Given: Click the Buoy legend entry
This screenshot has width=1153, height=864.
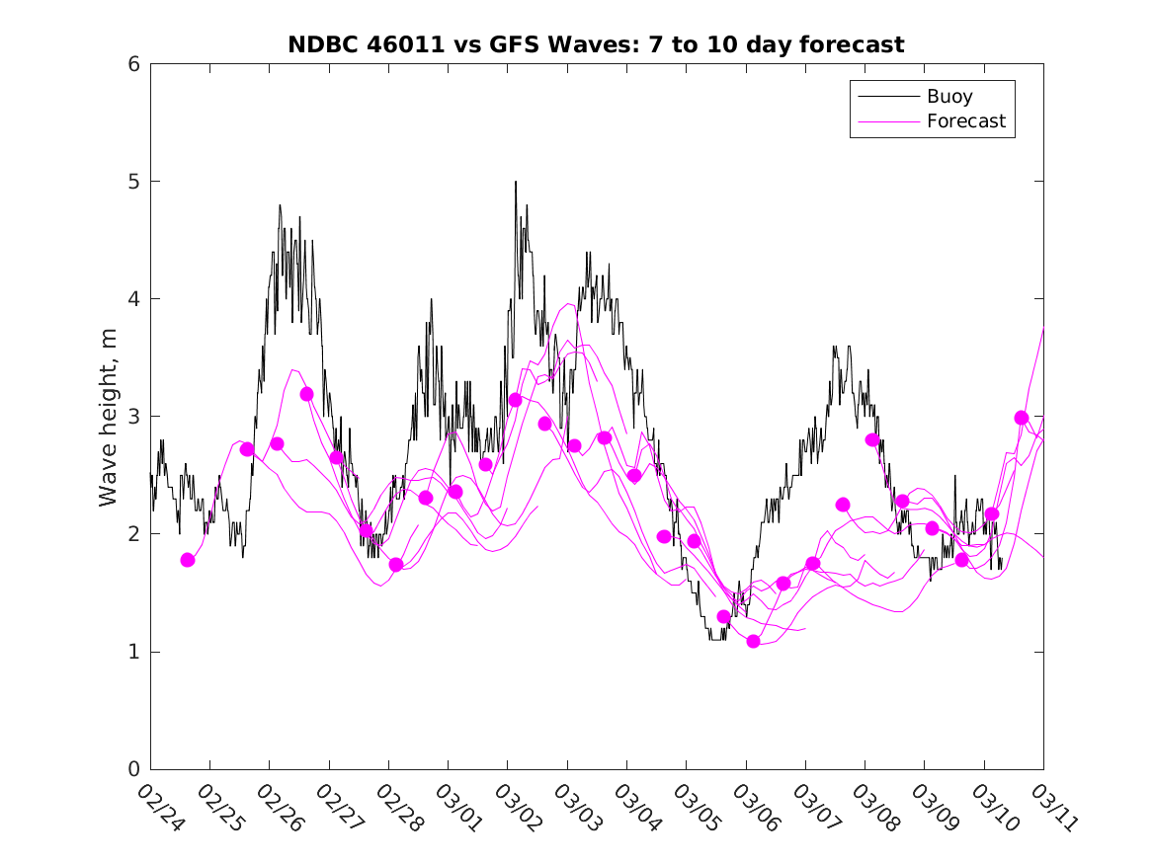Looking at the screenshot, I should point(948,97).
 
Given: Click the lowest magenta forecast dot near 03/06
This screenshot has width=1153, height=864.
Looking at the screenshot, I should point(753,641).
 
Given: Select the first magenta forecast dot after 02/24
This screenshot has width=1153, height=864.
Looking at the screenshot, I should point(188,560).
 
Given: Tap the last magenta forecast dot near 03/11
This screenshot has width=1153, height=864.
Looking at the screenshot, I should point(1022,418).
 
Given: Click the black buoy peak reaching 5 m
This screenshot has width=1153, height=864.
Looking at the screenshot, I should point(515,183).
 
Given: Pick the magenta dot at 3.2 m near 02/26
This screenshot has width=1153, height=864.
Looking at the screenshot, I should point(306,394).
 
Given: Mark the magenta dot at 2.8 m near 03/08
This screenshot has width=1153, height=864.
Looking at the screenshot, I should point(872,439).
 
